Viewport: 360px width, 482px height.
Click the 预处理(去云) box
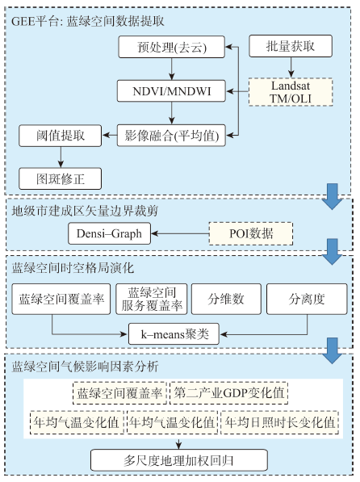coord(172,47)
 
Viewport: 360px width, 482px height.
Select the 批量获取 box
coord(291,46)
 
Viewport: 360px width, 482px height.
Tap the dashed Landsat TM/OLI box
coord(291,92)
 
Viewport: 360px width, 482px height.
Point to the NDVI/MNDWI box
coord(171,91)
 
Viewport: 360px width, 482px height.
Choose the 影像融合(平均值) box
coord(171,136)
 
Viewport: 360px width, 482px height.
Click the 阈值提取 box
coord(61,136)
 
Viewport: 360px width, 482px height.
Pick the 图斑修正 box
coord(61,178)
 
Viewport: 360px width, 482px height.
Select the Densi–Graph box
coord(110,233)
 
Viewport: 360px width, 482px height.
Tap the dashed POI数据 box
coord(251,233)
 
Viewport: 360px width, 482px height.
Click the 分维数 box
coord(226,299)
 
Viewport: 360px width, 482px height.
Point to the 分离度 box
coord(307,299)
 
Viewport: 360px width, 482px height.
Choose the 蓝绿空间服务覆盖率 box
coord(152,299)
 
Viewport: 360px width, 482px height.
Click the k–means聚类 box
coord(174,333)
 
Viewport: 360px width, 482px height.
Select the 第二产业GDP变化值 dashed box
coord(229,393)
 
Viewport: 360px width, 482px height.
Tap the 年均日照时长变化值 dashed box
coord(280,422)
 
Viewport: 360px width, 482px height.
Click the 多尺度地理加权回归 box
coord(179,460)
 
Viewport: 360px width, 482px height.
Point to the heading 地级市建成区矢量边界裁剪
coord(85,211)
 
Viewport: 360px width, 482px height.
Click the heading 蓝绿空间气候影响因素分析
coord(85,367)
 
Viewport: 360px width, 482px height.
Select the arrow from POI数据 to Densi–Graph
coord(180,233)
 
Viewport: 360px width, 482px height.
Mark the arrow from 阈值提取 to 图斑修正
coord(61,157)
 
